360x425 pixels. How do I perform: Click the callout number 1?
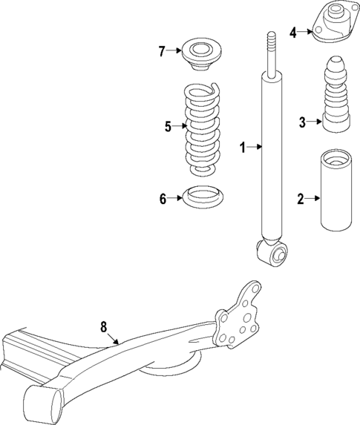tap(241, 148)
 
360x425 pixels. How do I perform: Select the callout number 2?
tap(301, 198)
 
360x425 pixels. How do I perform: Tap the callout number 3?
tap(302, 122)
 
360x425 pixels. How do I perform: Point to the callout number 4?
tap(292, 33)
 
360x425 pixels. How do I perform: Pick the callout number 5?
tap(168, 127)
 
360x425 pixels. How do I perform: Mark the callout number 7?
tap(161, 51)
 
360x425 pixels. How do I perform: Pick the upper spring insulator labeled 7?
tap(199, 56)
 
